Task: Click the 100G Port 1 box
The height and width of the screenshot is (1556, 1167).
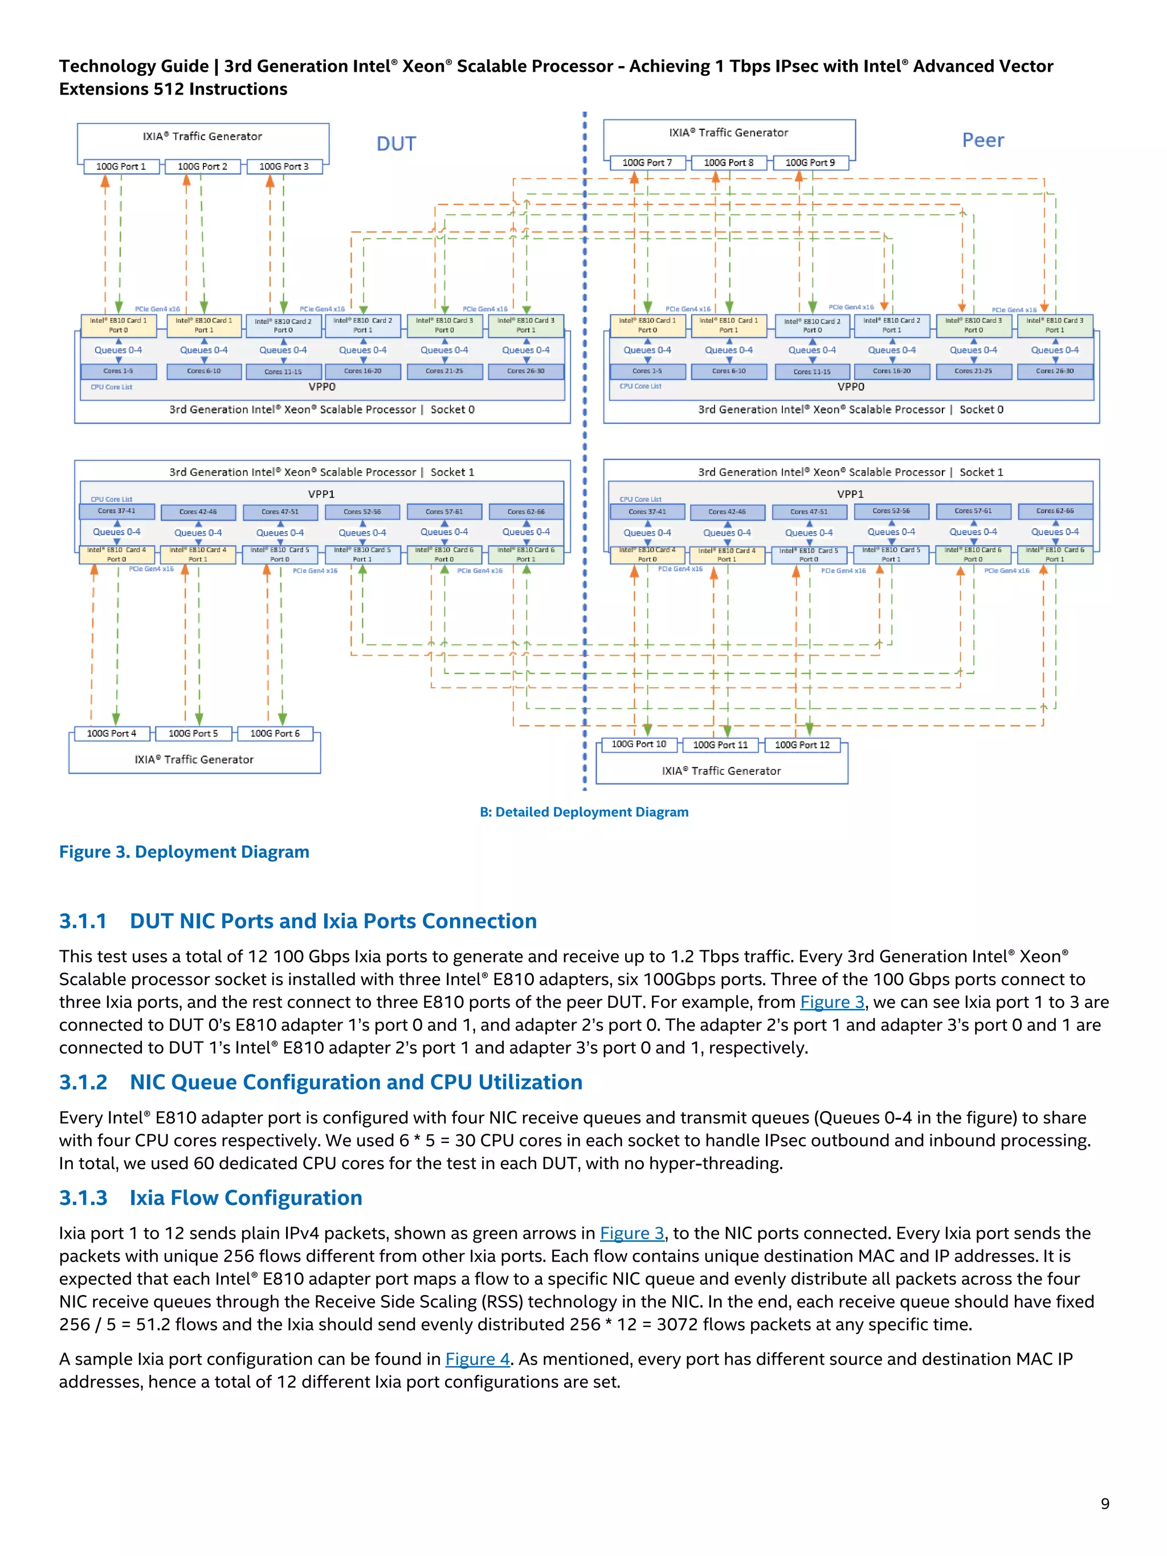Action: (120, 167)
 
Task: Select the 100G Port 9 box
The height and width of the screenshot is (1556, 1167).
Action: (810, 162)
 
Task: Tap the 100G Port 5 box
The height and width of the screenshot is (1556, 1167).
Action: (193, 734)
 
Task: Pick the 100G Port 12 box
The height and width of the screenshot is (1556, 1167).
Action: (802, 745)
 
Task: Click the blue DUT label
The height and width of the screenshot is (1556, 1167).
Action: (396, 144)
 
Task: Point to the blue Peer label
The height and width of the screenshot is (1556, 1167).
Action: (983, 141)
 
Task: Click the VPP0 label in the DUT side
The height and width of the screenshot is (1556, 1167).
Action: (322, 387)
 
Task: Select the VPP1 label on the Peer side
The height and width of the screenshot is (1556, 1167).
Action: (850, 494)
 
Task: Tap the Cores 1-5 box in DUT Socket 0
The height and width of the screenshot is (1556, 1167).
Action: (117, 371)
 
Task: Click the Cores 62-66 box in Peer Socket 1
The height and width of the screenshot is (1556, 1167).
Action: (1054, 512)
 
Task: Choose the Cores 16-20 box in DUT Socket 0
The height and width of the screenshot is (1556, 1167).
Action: (362, 371)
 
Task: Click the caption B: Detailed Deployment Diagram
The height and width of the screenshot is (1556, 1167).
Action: (584, 812)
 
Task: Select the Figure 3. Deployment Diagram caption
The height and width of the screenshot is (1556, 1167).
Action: (184, 852)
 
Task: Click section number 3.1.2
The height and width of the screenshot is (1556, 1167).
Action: (83, 1082)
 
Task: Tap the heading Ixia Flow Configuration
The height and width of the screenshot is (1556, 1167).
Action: (246, 1198)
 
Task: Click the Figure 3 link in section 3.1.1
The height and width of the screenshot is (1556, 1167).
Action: (831, 1002)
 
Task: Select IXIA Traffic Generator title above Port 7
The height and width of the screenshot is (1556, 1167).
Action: (728, 133)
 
